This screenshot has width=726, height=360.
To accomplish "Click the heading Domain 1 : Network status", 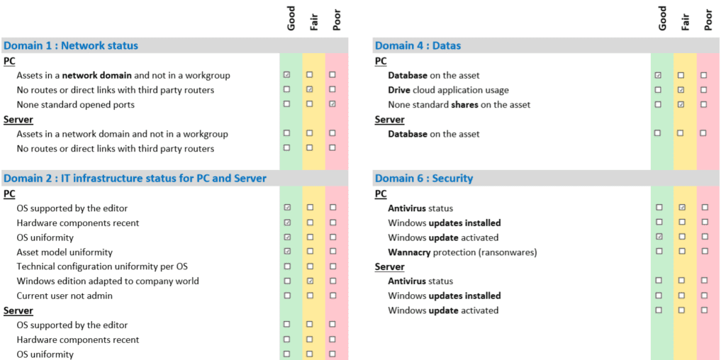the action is coord(71,45).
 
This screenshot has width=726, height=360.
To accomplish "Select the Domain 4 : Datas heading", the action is coord(418,45).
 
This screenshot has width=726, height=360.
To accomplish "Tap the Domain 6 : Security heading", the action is coord(424,178).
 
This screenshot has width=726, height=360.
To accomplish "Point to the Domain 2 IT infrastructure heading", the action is coord(135,178).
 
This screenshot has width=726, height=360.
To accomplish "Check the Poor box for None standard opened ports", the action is coord(333,104).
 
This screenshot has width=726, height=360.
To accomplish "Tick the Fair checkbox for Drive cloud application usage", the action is coord(681,90).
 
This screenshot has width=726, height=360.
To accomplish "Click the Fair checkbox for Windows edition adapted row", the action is coord(311,281).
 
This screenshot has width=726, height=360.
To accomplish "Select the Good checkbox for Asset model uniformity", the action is coord(288,252).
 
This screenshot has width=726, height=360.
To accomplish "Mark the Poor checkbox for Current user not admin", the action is coord(333,296).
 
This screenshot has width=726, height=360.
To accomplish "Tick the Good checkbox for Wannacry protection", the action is coord(659,252).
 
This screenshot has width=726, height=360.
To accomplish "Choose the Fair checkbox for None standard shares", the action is coord(681,105).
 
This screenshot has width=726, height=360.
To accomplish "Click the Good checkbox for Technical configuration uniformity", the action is coord(288,266).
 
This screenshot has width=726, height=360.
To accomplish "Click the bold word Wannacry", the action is coord(409,253).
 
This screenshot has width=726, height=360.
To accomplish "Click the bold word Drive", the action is coord(399,90).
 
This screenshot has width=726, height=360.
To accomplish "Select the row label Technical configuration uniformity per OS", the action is coord(102,266).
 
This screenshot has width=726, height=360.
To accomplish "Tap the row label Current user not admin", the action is coord(65,296).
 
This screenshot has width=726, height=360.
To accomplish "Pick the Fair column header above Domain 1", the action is coord(314,21).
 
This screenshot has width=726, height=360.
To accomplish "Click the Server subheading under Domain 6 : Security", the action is coord(390,267).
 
